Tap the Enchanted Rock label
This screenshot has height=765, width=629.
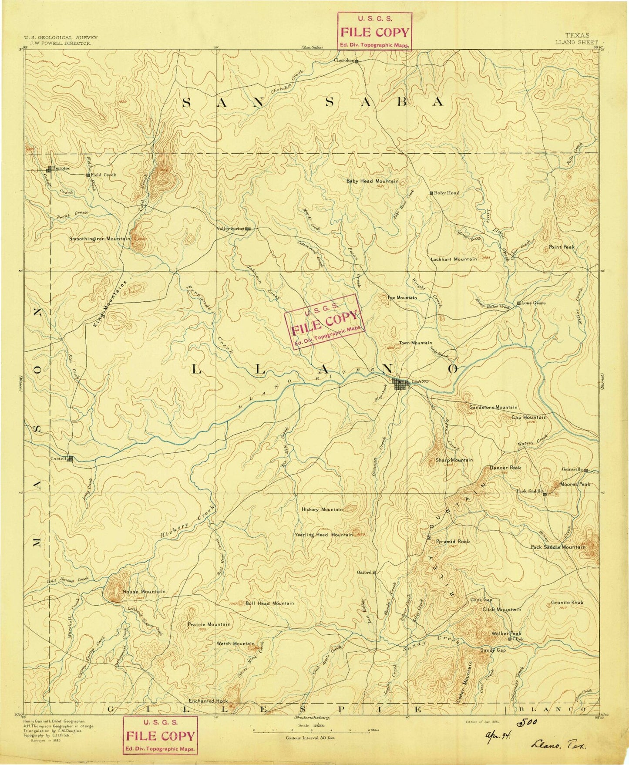click(x=209, y=701)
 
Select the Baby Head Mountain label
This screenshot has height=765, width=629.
click(x=372, y=181)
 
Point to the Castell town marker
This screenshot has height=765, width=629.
click(x=70, y=458)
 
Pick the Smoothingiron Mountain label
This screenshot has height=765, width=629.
click(x=100, y=239)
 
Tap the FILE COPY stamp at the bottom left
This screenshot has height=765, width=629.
click(x=160, y=736)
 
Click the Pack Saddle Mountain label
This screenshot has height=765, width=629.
click(x=558, y=547)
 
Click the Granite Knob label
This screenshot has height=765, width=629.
click(x=567, y=602)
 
